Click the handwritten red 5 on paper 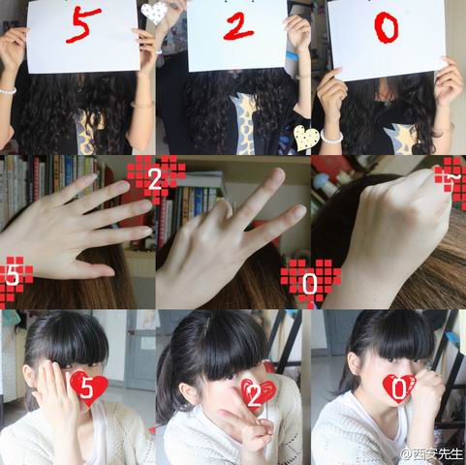click(x=82, y=25)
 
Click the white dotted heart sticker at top click(x=154, y=13)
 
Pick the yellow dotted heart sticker click(x=305, y=138)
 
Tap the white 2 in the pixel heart click(x=155, y=180)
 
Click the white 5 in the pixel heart click(x=13, y=276)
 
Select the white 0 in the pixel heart click(x=310, y=284)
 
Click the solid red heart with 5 click(x=88, y=388)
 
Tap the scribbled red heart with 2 click(x=258, y=394)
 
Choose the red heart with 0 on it click(x=399, y=388)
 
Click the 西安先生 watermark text click(x=431, y=454)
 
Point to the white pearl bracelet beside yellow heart click(x=331, y=137)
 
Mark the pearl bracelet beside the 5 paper click(x=8, y=91)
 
